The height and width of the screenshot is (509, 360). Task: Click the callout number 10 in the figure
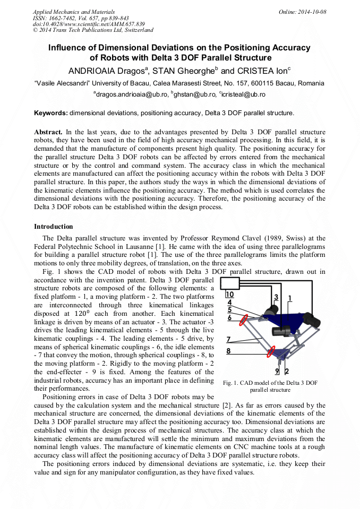(229, 294)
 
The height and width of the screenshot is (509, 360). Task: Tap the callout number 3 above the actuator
(276, 297)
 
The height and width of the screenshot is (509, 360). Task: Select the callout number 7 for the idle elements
(228, 339)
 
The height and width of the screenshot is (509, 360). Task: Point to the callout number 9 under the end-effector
(277, 371)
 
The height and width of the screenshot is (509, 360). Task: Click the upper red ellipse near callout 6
(243, 320)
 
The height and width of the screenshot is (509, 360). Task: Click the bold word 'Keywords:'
(51, 113)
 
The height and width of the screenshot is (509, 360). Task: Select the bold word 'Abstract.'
(48, 131)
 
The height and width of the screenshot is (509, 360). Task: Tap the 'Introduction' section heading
(54, 227)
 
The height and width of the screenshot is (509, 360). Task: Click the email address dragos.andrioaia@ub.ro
(131, 94)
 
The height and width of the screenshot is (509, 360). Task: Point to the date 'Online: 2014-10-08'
(304, 12)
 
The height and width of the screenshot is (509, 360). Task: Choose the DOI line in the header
(89, 24)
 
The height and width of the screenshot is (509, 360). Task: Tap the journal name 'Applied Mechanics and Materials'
(74, 12)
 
